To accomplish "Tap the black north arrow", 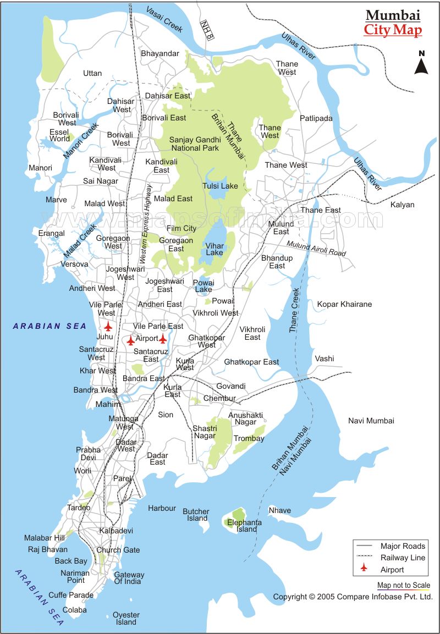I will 421,64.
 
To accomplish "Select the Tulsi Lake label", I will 220,186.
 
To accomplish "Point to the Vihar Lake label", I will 215,249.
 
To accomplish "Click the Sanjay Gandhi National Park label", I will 194,144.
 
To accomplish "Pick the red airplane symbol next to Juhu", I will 108,326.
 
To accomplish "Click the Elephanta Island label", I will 246,526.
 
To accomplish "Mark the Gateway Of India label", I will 129,578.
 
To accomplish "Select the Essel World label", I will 59,135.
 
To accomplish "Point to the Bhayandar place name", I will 160,53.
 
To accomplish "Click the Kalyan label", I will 402,205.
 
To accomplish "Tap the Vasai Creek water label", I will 165,20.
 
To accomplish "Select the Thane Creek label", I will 294,310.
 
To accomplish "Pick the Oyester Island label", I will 126,618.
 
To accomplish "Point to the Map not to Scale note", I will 403,586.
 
